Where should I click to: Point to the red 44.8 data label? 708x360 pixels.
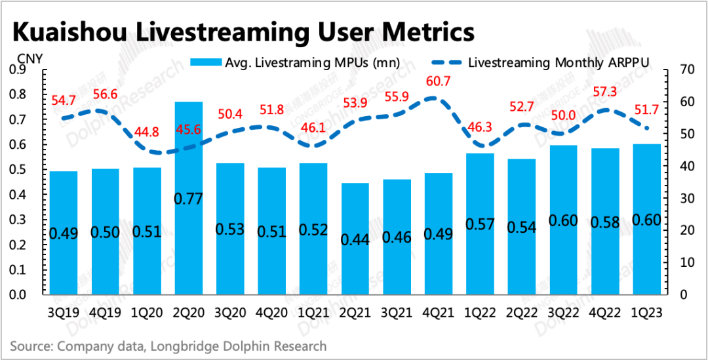pyautogui.click(x=147, y=131)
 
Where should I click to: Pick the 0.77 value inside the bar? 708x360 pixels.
pyautogui.click(x=188, y=198)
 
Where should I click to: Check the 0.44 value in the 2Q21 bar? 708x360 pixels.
pyautogui.click(x=355, y=239)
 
